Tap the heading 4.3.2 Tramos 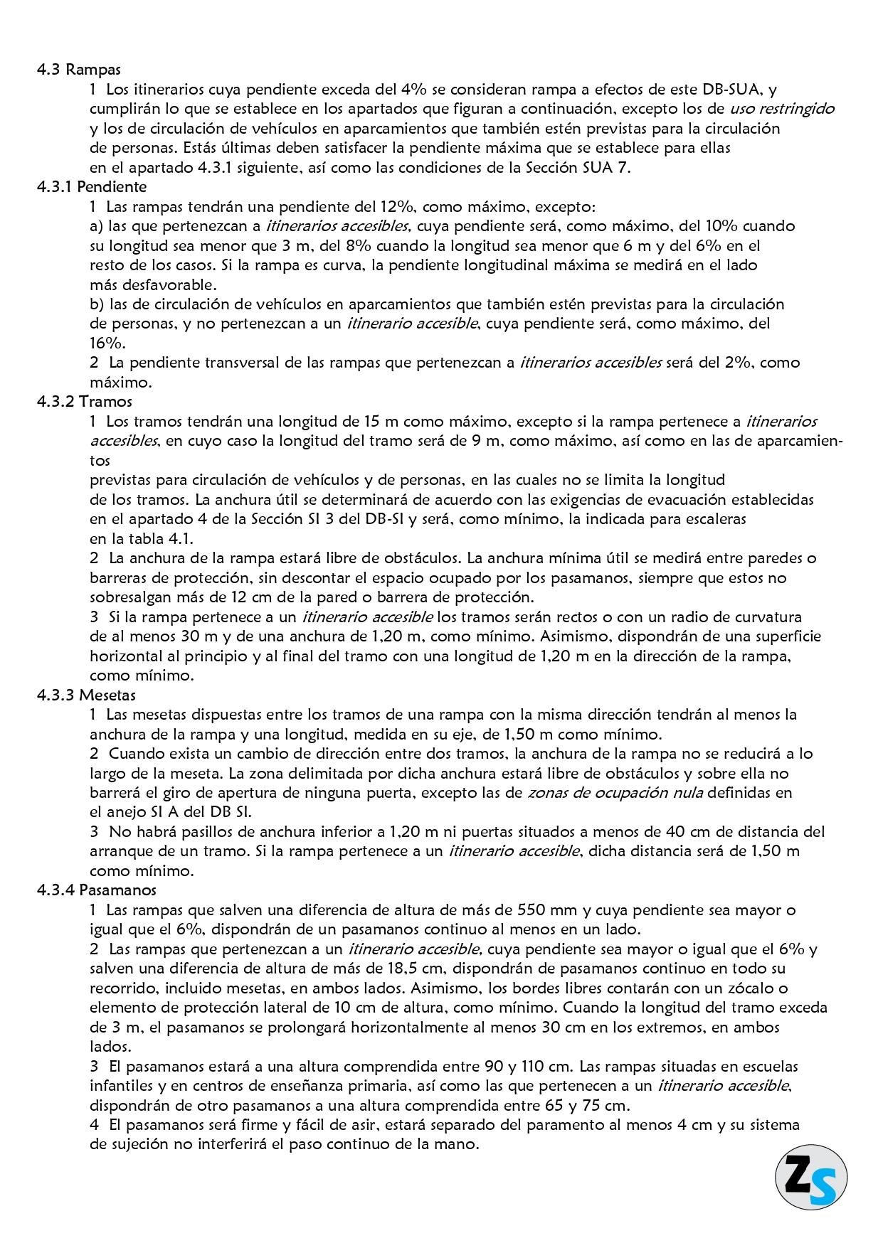click(x=85, y=402)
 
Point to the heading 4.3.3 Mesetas click(x=86, y=695)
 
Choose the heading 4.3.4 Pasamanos click(x=97, y=890)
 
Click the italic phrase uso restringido click(x=782, y=109)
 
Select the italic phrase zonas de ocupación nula click(x=615, y=793)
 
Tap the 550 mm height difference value click(x=541, y=910)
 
